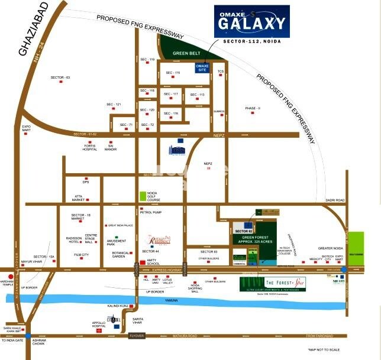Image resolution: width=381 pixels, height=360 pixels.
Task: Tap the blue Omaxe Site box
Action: click(x=203, y=67)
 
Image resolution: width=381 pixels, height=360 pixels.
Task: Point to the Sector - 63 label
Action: click(x=60, y=77)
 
